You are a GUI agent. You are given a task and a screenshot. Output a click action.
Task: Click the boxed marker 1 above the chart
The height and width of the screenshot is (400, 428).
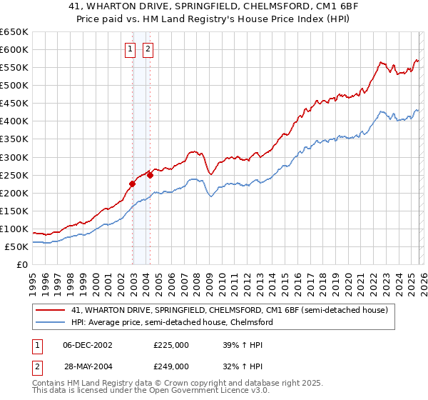(131, 49)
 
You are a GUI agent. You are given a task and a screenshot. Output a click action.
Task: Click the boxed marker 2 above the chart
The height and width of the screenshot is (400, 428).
(148, 49)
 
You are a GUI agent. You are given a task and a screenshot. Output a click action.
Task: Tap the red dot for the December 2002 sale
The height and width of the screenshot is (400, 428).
(132, 184)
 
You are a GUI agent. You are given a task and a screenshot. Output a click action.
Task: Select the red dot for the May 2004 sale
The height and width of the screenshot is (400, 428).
(151, 175)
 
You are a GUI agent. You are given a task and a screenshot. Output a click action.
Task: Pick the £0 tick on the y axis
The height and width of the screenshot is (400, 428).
(22, 264)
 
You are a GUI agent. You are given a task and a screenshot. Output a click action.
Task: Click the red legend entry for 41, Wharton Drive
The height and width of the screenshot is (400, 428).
(229, 311)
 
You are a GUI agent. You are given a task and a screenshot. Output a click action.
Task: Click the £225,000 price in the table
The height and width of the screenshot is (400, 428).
(171, 345)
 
